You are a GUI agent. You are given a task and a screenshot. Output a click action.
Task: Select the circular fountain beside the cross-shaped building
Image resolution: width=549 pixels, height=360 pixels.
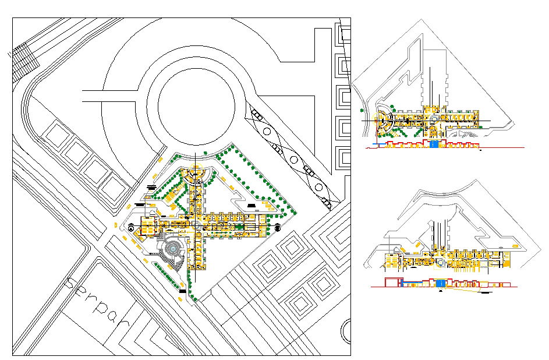point(173,249)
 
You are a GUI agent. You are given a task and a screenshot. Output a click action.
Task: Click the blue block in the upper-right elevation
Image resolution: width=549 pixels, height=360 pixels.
point(434,144)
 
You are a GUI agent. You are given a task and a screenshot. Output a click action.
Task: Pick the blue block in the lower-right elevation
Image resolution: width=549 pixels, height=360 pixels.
point(441,283)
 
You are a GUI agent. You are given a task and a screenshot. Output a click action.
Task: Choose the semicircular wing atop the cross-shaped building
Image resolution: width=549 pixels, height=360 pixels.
point(196,175)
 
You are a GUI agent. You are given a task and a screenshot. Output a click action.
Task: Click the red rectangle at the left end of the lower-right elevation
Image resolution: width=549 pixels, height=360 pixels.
point(391,283)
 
